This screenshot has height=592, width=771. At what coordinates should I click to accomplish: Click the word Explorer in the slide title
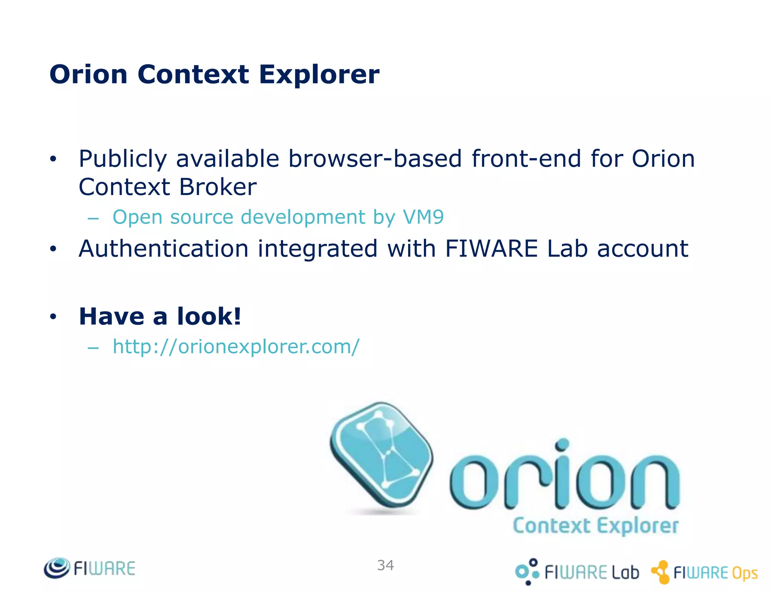point(319,75)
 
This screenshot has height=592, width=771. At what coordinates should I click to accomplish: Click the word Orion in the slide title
point(88,75)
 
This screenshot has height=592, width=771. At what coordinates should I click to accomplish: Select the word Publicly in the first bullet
point(122,159)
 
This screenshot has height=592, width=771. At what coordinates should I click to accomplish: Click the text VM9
point(423,217)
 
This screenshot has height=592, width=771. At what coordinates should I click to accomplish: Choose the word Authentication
point(163,248)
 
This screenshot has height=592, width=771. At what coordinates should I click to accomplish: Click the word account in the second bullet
point(643,248)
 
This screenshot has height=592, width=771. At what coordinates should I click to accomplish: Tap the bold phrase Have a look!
point(160,316)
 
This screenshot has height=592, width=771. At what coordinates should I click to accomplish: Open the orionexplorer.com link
point(236,346)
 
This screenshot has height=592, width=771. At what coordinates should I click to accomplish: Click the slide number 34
point(385,565)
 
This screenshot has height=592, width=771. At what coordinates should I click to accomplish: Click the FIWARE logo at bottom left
point(90,568)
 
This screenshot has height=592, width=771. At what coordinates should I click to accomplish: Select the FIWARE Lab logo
point(577,572)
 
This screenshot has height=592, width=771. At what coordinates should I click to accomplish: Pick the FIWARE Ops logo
point(704,572)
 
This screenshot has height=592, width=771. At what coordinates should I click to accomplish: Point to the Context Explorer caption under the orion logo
point(596,526)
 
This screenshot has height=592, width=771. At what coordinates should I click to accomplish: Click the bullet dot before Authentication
point(53,249)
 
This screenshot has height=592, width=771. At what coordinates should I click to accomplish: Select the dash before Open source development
point(93,218)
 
